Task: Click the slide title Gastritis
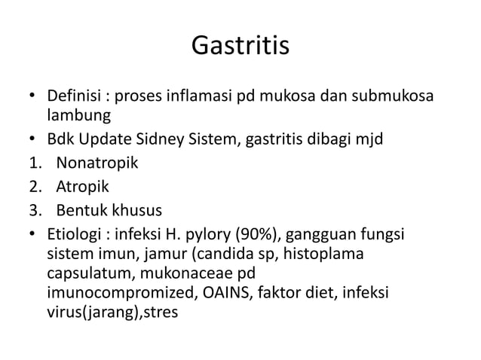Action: [240, 46]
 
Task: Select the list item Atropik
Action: [78, 185]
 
